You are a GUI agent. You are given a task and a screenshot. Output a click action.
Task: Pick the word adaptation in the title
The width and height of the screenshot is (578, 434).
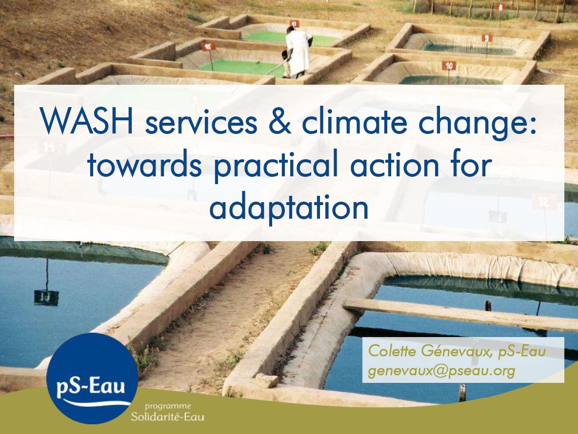pos(289,207)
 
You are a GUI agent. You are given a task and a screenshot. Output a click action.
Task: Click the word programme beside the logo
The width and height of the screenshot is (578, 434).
pos(168,406)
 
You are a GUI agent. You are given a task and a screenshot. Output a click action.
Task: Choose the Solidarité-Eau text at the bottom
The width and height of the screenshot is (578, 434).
pos(167,417)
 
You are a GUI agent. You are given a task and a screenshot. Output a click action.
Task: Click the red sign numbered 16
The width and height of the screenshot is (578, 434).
pos(208,47)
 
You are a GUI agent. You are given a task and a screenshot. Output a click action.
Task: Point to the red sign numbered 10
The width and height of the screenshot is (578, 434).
pos(449,66)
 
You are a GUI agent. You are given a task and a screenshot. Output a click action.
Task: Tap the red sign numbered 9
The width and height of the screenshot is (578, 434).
pos(487,38)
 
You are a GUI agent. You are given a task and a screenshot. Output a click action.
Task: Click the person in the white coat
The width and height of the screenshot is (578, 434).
pos(297,52)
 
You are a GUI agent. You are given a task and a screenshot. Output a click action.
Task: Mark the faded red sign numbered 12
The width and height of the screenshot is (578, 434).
pos(544,202)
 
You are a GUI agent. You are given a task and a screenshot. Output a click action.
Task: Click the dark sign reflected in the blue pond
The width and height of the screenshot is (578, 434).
pos(46,298)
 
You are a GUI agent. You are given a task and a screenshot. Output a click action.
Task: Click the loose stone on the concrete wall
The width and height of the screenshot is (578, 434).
pos(266,380)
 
